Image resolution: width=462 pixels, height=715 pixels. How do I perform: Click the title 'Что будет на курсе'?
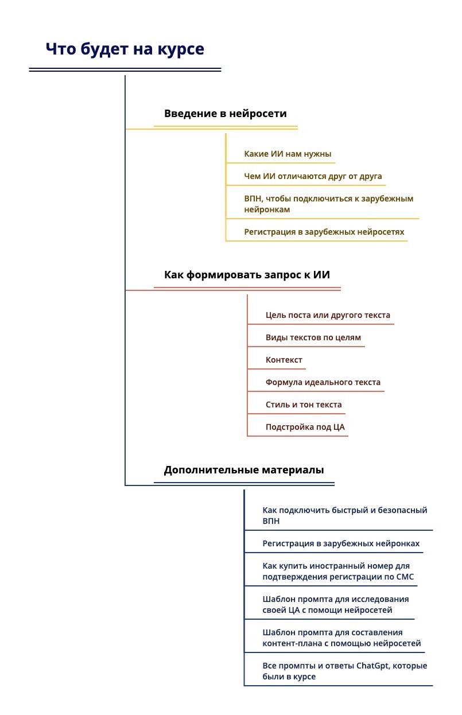[125, 49]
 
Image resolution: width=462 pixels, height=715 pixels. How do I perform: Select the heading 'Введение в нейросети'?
[225, 114]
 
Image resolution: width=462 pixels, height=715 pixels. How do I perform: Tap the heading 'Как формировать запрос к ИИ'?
[247, 275]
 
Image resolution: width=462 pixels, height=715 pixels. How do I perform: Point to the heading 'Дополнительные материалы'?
[243, 470]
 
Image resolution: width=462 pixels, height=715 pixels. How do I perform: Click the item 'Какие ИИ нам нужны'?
[288, 154]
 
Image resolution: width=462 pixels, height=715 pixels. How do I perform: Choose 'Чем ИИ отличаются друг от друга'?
[313, 176]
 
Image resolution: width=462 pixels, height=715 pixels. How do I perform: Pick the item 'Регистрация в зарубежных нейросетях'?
[324, 232]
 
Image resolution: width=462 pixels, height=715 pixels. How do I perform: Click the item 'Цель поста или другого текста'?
[328, 315]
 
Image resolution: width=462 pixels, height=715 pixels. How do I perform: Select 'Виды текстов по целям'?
[313, 337]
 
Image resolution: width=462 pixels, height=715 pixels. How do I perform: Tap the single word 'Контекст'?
[284, 360]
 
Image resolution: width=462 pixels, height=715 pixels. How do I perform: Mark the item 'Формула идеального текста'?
[323, 382]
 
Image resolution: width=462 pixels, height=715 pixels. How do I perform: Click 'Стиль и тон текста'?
[304, 405]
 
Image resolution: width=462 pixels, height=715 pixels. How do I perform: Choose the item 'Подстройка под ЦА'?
[305, 427]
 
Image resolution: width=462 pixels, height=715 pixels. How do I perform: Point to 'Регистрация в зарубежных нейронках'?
[341, 543]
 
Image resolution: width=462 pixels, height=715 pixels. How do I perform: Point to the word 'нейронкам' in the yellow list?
[267, 209]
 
